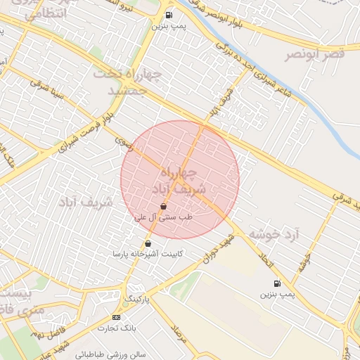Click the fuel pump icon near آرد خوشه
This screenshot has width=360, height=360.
[276, 283]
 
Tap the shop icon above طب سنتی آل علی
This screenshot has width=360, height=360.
[163, 206]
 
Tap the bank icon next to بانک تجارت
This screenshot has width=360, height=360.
[115, 318]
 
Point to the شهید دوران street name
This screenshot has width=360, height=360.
[219, 249]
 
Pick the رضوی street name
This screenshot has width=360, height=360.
[124, 143]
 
